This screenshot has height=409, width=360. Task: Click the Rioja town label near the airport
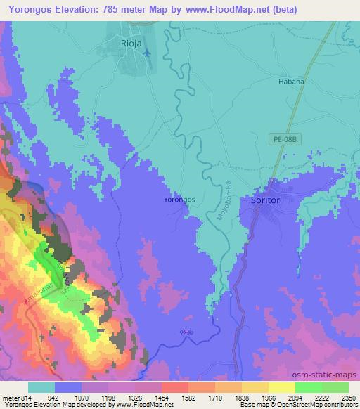click(124, 43)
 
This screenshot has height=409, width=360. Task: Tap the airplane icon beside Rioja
click(146, 53)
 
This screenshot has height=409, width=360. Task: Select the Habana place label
click(292, 82)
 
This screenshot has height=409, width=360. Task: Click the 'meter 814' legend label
click(16, 397)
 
